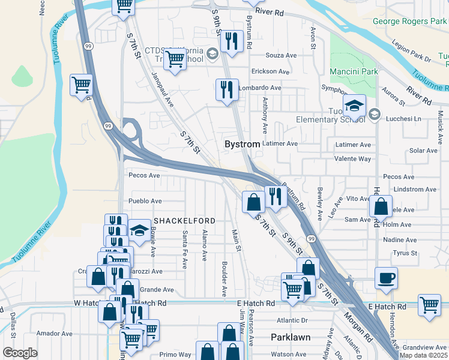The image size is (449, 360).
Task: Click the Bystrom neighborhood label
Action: click(243, 145)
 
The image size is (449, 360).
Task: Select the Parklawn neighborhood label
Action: click(291, 337)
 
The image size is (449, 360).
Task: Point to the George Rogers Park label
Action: click(411, 21)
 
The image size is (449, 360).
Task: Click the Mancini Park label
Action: click(354, 72)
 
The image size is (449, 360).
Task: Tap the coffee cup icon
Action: click(386, 278)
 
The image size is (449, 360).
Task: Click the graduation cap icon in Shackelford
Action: click(139, 230)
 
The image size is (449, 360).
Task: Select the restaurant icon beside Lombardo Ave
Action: click(227, 90)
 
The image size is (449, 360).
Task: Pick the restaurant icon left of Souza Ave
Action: click(231, 41)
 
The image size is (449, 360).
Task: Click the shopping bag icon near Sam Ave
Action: click(381, 207)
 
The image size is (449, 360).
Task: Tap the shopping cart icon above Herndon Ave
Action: click(429, 305)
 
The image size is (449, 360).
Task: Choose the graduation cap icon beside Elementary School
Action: click(355, 106)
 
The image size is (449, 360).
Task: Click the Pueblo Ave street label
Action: click(145, 201)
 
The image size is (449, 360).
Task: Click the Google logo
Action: click(20, 353)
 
